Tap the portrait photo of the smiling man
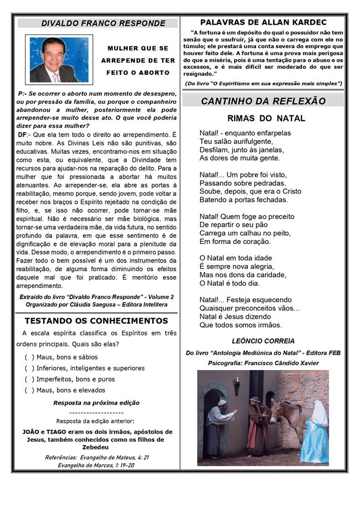59,60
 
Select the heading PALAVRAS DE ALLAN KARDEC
263,22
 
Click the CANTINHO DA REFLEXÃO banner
263,101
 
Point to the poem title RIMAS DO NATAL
266,119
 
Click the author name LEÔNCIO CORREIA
263,341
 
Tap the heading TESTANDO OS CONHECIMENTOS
96,321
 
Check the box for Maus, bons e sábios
29,357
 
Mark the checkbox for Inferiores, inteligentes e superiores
29,368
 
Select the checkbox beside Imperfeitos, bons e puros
29,379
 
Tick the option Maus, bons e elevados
29,390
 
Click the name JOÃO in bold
31,431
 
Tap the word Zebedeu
96,447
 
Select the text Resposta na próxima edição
96,402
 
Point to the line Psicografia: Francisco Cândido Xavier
263,363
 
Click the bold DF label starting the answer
22,134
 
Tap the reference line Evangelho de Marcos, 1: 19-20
96,465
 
